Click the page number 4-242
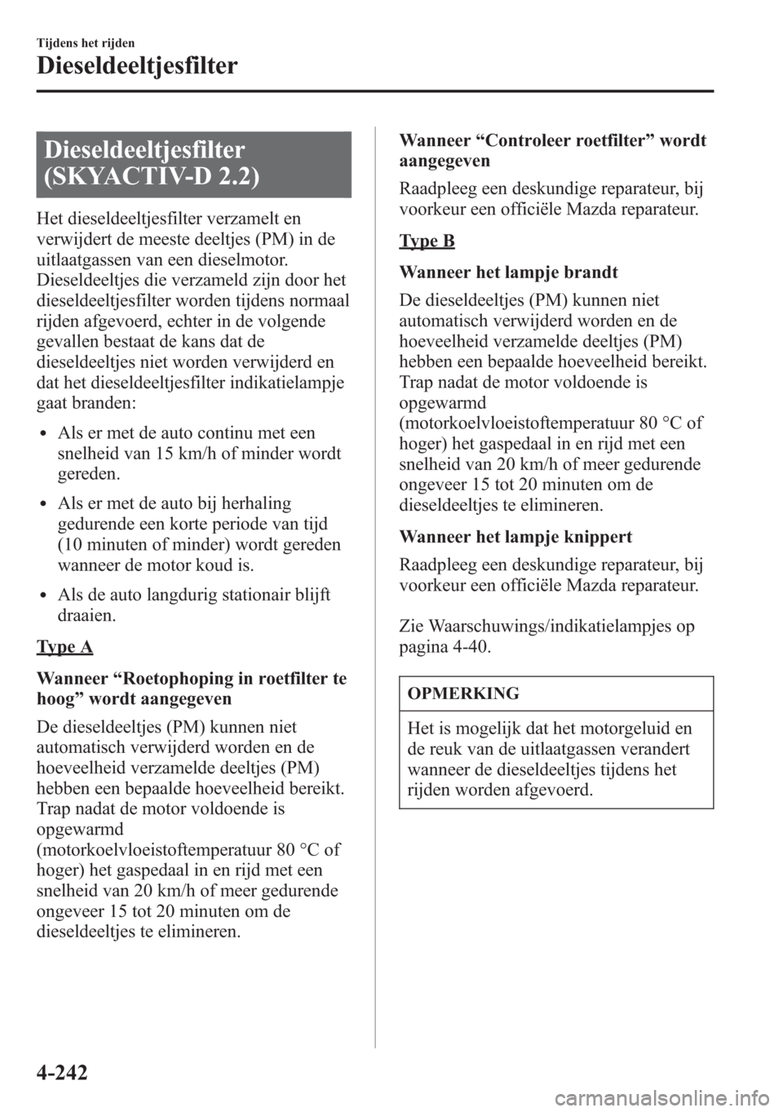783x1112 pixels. [x=62, y=1070]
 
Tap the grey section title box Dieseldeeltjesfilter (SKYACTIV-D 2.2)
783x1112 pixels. [x=193, y=164]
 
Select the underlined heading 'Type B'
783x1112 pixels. [x=427, y=241]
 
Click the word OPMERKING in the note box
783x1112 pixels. [x=463, y=694]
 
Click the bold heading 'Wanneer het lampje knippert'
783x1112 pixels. [x=516, y=538]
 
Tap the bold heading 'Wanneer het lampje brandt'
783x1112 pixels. [x=508, y=272]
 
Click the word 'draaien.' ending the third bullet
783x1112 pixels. [x=86, y=615]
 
